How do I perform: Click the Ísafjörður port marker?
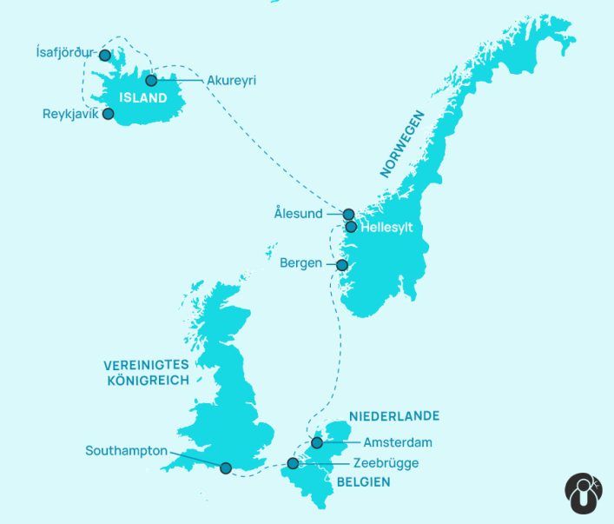[x=105, y=55]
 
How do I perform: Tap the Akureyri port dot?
[x=151, y=81]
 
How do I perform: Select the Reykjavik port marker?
[x=108, y=114]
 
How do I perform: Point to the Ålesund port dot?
[x=348, y=214]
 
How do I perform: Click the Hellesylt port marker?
[x=351, y=227]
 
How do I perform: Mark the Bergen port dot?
[x=341, y=265]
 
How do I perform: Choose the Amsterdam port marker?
[x=317, y=443]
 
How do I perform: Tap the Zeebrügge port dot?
[x=293, y=463]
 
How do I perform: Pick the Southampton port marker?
[x=226, y=468]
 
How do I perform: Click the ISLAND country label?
[x=144, y=98]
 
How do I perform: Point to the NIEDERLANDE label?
[x=393, y=416]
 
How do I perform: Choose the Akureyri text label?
[x=232, y=81]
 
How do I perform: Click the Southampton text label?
[x=126, y=451]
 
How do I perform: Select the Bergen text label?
[x=301, y=262]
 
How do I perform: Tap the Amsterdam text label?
[x=398, y=443]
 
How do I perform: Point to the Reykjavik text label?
[x=70, y=114]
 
